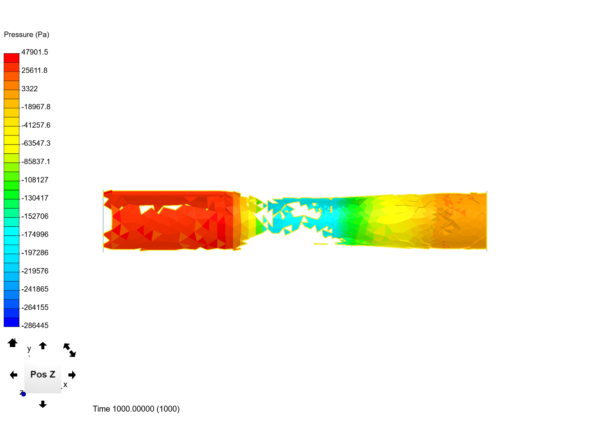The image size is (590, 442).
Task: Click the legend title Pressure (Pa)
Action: (x=26, y=34)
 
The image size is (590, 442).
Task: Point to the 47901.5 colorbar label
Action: (x=35, y=52)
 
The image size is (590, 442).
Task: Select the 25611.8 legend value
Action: (x=34, y=70)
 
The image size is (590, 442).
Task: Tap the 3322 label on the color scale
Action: (x=29, y=88)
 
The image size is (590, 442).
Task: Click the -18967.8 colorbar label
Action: (x=36, y=107)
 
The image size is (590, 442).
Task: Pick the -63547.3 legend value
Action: (x=36, y=143)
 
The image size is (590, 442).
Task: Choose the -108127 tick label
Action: (x=35, y=180)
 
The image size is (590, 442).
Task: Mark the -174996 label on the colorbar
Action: (x=35, y=234)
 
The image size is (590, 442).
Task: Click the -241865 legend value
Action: (x=35, y=289)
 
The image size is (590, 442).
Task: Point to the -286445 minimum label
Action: (x=35, y=325)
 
